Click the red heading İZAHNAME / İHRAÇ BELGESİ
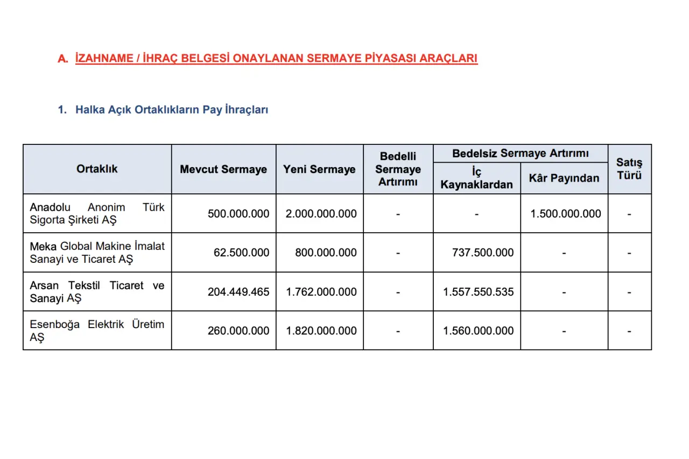pos(276,58)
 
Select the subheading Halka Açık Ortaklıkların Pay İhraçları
pos(171,110)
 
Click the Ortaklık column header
pos(97,169)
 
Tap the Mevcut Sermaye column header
pos(223,169)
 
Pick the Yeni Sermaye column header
pos(319,169)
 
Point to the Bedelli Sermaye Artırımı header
pos(398,169)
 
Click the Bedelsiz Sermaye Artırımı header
pos(520,154)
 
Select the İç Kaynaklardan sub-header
pos(476,178)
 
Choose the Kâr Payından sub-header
pos(564,178)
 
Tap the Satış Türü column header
pos(629,169)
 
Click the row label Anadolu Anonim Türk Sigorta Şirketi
pos(97,213)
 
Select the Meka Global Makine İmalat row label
pos(97,252)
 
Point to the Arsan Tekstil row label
pos(97,291)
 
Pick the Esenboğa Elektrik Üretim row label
pos(97,331)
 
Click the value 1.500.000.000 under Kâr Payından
pos(565,214)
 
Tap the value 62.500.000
pos(241,253)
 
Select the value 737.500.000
pos(483,253)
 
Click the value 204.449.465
pos(238,292)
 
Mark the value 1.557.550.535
pos(478,292)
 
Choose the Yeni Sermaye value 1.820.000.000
pos(321,331)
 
